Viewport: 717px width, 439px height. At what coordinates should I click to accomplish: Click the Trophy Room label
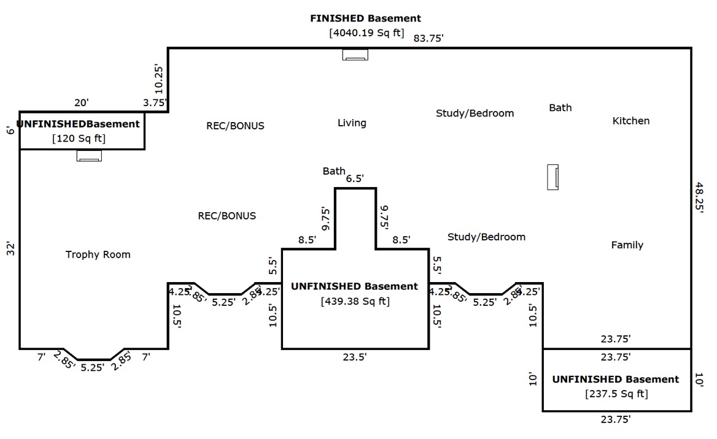coord(98,254)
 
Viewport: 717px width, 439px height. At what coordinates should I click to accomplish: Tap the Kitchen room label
coord(630,121)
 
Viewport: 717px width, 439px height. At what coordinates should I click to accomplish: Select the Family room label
coord(627,245)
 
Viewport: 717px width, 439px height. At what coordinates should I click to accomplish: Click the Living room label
coord(352,123)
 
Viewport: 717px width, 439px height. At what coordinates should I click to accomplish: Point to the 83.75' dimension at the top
coord(428,38)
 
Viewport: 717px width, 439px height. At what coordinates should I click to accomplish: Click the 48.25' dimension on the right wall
coord(699,196)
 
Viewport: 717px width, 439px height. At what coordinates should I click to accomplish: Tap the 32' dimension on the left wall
coord(10,249)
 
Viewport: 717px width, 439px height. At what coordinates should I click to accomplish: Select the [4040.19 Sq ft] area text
coord(366,33)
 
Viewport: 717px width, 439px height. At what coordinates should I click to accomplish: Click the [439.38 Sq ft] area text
coord(355,301)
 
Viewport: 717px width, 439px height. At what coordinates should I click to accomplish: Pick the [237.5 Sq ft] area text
coord(616,394)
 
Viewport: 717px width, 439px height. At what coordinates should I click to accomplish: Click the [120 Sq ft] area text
coord(79,139)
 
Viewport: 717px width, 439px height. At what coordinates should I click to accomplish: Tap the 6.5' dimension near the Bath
coord(355,178)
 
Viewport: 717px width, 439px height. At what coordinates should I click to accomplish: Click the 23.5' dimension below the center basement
coord(355,357)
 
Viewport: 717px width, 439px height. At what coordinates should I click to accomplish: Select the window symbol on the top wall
coord(355,55)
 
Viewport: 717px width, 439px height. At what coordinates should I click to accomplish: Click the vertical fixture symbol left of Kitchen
coord(552,177)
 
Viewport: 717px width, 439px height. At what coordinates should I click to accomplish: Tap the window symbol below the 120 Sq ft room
coord(89,156)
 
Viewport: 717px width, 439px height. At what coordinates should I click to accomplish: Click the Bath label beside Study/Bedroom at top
coord(560,108)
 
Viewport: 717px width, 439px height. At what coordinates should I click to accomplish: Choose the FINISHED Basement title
coord(365,18)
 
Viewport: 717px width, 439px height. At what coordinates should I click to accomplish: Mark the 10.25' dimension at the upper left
coord(158,78)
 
